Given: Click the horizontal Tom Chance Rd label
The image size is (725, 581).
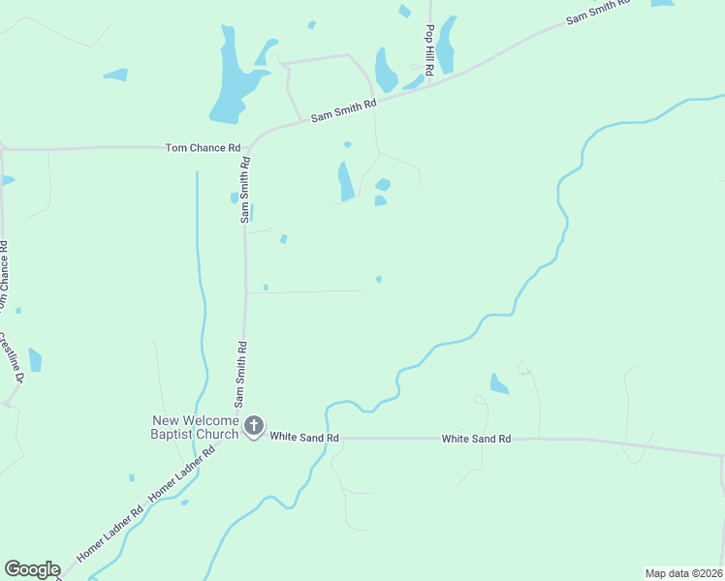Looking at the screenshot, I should (x=203, y=148).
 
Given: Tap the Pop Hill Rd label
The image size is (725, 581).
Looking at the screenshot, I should (x=428, y=45).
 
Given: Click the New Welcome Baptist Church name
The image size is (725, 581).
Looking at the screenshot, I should (x=195, y=427).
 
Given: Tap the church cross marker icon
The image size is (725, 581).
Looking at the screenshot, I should (x=254, y=426).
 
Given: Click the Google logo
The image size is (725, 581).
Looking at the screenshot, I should (x=32, y=569).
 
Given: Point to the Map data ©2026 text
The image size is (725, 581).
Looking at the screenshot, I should (x=682, y=573).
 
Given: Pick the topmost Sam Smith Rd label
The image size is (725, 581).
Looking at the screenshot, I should (x=598, y=12).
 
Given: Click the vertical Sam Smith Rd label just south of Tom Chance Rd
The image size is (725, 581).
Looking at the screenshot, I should (x=246, y=191).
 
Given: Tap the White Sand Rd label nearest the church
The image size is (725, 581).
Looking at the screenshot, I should (x=304, y=439).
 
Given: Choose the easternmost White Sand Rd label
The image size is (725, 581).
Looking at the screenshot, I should (x=476, y=439).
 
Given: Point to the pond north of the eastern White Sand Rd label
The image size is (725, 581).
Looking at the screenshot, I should (x=499, y=384).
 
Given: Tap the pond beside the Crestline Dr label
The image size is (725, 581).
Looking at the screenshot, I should (x=35, y=360).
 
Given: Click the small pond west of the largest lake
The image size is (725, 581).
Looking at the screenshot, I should (x=115, y=75).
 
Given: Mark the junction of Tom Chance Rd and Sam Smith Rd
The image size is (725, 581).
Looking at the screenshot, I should (x=248, y=149).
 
